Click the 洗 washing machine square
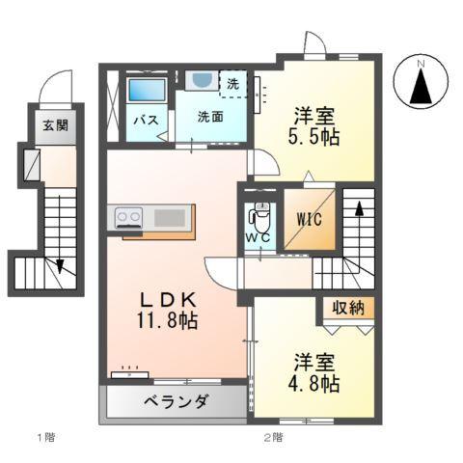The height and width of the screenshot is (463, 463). pyautogui.click(x=232, y=83)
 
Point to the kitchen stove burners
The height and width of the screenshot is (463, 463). pyautogui.click(x=128, y=217)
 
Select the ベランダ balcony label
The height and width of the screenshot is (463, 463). pyautogui.click(x=177, y=401)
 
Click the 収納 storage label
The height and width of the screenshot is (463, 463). pyautogui.click(x=348, y=310)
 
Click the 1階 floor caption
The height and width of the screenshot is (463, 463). pyautogui.click(x=45, y=437)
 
